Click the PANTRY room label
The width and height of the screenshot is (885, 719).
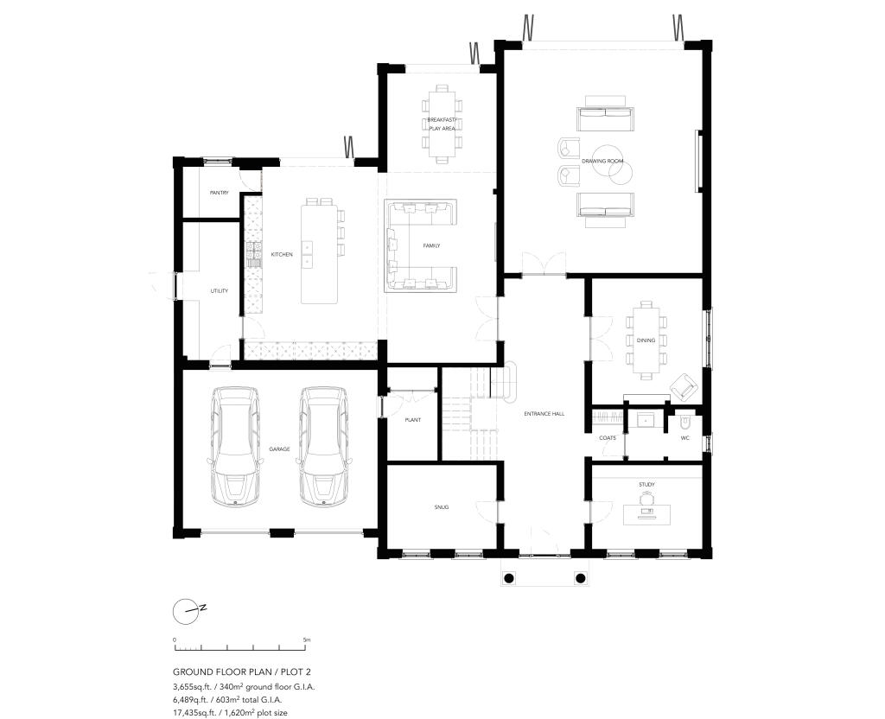[219, 193]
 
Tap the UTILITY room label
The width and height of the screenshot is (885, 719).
[220, 290]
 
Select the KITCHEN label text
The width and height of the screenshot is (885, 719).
[282, 255]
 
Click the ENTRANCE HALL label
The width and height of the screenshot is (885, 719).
[544, 414]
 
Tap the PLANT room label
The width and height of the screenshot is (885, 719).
[412, 420]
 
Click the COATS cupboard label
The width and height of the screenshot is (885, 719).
[607, 438]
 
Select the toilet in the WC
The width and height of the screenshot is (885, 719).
[685, 423]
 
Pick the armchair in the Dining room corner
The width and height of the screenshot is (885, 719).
[683, 386]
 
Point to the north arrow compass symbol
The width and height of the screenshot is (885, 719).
[187, 610]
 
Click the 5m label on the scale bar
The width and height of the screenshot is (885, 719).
[307, 640]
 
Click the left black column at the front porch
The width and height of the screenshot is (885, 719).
[509, 577]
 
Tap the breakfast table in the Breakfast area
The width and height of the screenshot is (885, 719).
[441, 121]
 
